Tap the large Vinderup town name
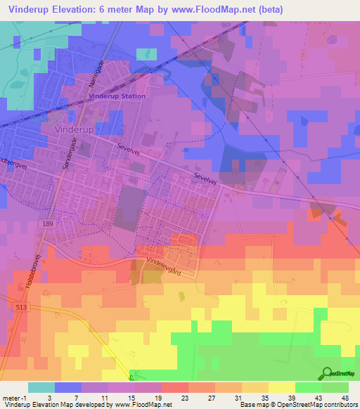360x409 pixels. coord(75,130)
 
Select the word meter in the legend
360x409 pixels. coord(11,397)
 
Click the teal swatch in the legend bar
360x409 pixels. coord(41,387)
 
